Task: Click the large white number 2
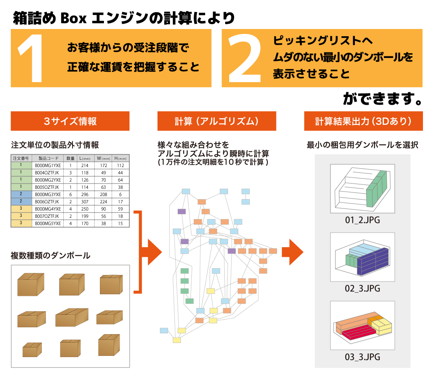pyautogui.click(x=245, y=58)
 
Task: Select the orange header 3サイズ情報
pyautogui.click(x=70, y=121)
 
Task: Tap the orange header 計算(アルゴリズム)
pyautogui.click(x=217, y=121)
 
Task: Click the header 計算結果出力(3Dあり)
pyautogui.click(x=363, y=121)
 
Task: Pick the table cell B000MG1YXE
pyautogui.click(x=48, y=165)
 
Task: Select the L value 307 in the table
pyautogui.click(x=85, y=202)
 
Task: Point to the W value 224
pyautogui.click(x=104, y=202)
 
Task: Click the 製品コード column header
pyautogui.click(x=48, y=158)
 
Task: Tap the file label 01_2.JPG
pyautogui.click(x=362, y=220)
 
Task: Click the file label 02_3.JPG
pyautogui.click(x=362, y=288)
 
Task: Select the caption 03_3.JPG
pyautogui.click(x=362, y=357)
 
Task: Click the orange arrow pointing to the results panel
pyautogui.click(x=293, y=252)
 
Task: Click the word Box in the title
pyautogui.click(x=73, y=19)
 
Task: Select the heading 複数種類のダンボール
pyautogui.click(x=51, y=256)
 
